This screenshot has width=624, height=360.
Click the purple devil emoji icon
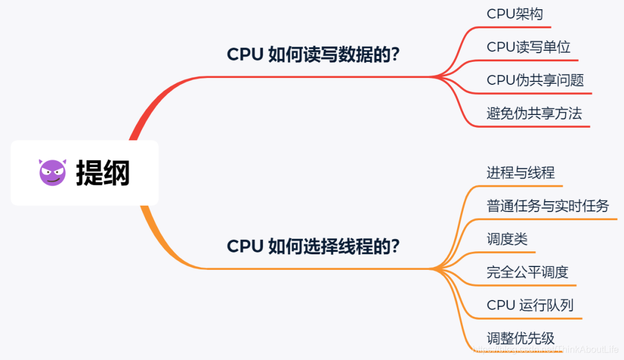(53, 172)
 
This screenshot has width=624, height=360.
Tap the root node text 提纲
(103, 173)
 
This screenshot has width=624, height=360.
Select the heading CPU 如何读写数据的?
(313, 54)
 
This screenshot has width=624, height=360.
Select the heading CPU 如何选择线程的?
(313, 246)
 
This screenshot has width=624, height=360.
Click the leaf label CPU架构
(515, 14)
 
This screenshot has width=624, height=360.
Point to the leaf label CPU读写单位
(529, 47)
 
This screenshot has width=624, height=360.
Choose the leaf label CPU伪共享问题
(536, 80)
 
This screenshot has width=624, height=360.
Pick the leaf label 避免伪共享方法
(534, 113)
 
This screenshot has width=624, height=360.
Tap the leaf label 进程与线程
(521, 173)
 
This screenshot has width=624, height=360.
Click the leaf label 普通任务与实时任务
(548, 206)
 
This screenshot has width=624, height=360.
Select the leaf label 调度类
(507, 239)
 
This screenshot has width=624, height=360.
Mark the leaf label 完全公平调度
(528, 272)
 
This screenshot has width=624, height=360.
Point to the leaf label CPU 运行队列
(530, 305)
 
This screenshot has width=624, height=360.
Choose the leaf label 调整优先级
(521, 338)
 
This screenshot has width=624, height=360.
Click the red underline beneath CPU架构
(520, 27)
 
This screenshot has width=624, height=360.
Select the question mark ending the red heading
(395, 54)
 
